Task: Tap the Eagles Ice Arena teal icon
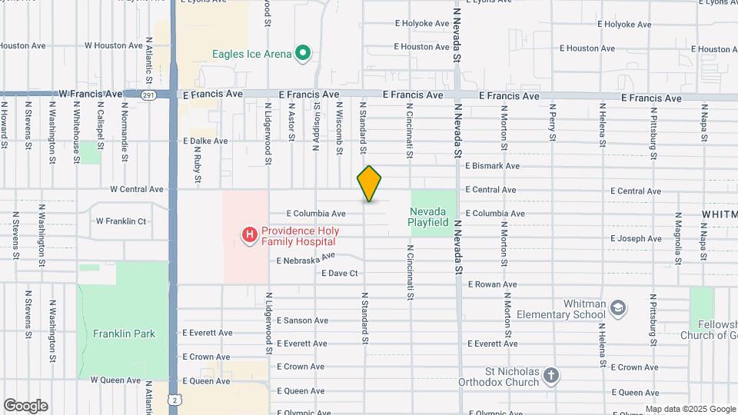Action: click(303, 53)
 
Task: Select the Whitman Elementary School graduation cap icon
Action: click(617, 308)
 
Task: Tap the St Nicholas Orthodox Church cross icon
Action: click(550, 376)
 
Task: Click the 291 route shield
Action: click(149, 95)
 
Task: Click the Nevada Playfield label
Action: click(429, 217)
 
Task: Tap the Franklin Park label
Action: click(124, 334)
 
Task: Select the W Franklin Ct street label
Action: click(121, 221)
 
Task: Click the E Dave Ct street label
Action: click(340, 274)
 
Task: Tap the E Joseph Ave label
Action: click(636, 239)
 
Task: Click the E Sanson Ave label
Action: click(302, 320)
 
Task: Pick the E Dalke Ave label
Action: click(205, 141)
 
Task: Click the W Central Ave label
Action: click(137, 189)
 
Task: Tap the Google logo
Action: click(25, 406)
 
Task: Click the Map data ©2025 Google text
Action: click(690, 409)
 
